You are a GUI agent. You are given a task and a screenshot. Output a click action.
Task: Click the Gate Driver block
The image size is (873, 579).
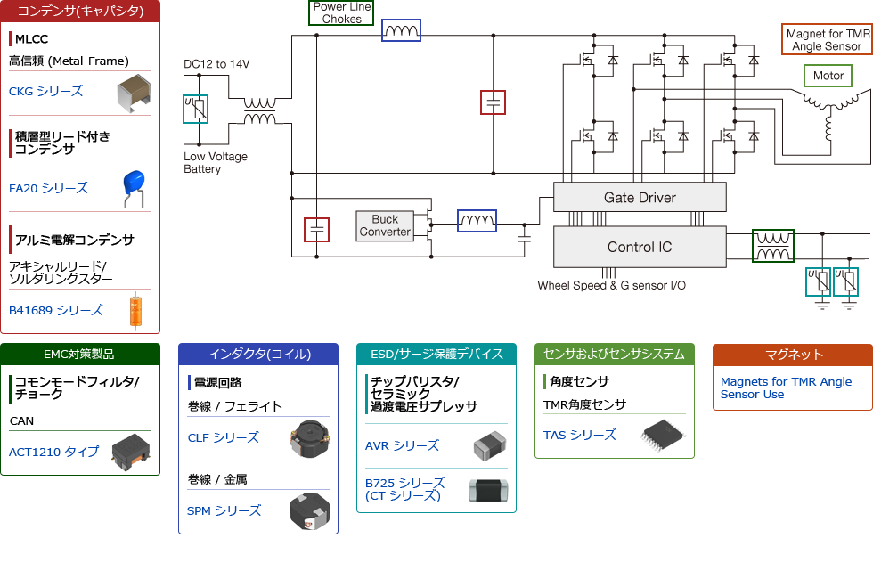pyautogui.click(x=640, y=197)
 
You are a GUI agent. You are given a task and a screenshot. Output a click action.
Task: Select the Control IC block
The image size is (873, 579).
pyautogui.click(x=640, y=247)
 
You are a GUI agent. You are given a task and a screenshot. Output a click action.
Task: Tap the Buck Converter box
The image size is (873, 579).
pyautogui.click(x=385, y=225)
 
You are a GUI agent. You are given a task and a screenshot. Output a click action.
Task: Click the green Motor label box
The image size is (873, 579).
pyautogui.click(x=828, y=76)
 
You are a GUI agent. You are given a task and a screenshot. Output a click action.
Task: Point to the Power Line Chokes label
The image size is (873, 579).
pyautogui.click(x=342, y=12)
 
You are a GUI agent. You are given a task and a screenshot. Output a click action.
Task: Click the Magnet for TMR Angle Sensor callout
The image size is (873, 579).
pyautogui.click(x=827, y=39)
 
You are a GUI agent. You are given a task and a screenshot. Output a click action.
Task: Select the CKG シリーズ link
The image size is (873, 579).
pyautogui.click(x=45, y=91)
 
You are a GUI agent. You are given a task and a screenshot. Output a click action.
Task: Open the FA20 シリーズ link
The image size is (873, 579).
pyautogui.click(x=48, y=188)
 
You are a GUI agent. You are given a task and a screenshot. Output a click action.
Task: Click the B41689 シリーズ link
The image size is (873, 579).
pyautogui.click(x=55, y=310)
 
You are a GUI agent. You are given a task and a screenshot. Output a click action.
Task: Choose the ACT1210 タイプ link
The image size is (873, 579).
pyautogui.click(x=53, y=452)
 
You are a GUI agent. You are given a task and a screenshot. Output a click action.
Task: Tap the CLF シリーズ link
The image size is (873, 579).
pyautogui.click(x=223, y=437)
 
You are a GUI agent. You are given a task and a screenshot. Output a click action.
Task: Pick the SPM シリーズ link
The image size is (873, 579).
pyautogui.click(x=224, y=510)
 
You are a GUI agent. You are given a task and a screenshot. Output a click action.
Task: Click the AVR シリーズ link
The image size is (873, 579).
pyautogui.click(x=402, y=445)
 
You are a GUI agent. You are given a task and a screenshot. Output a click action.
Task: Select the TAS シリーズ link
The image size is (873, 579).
pyautogui.click(x=579, y=435)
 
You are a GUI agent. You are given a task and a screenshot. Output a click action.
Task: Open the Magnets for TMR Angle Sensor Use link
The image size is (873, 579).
pyautogui.click(x=786, y=387)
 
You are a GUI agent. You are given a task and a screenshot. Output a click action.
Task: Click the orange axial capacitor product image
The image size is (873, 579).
pyautogui.click(x=135, y=310)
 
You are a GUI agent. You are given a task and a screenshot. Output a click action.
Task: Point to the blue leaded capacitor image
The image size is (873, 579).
pyautogui.click(x=134, y=188)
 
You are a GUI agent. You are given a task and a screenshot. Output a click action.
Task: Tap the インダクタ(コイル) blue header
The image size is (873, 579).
pyautogui.click(x=258, y=354)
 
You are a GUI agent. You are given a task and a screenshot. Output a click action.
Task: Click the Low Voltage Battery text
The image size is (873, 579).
pyautogui.click(x=216, y=163)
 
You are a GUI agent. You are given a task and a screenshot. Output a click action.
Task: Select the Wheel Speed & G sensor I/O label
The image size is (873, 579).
pyautogui.click(x=611, y=286)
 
